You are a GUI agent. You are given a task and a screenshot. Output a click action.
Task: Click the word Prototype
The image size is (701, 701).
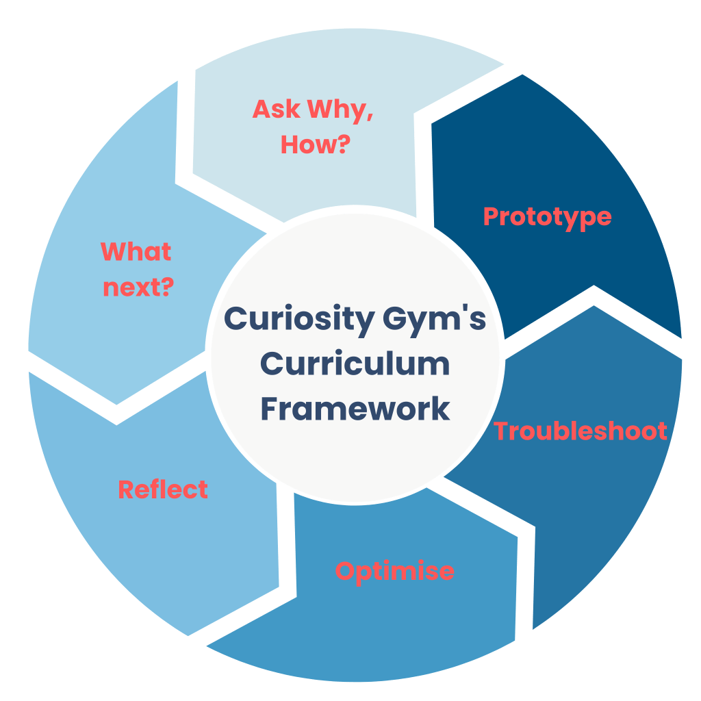[x=547, y=216]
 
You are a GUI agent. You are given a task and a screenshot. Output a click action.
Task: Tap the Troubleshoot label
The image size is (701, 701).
[x=581, y=431]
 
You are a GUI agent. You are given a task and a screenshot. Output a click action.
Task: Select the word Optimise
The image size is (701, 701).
[x=394, y=570]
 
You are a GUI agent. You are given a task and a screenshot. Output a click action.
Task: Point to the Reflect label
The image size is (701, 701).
[x=163, y=489]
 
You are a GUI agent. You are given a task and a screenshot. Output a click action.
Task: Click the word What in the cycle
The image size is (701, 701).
[x=136, y=252]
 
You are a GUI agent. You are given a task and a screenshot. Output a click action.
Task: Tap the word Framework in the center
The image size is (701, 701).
[x=355, y=409]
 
